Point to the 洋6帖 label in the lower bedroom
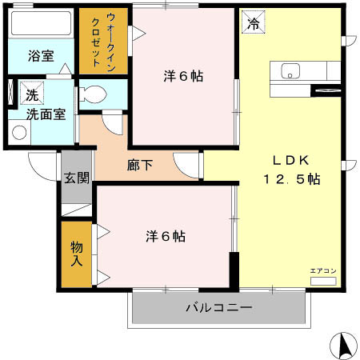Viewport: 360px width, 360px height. pyautogui.click(x=166, y=237)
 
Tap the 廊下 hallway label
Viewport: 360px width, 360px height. pyautogui.click(x=138, y=166)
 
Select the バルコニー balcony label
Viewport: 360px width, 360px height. pyautogui.click(x=219, y=307)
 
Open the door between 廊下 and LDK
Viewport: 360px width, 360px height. pyautogui.click(x=190, y=164)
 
